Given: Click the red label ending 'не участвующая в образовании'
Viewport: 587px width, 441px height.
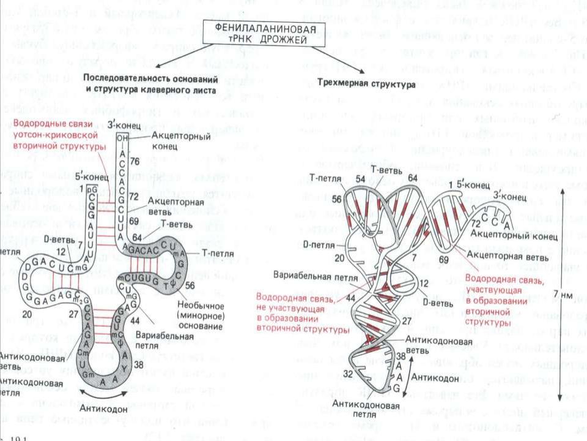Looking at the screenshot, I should tap(293, 309).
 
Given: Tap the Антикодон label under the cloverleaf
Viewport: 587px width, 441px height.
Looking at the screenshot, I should tap(102, 409).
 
